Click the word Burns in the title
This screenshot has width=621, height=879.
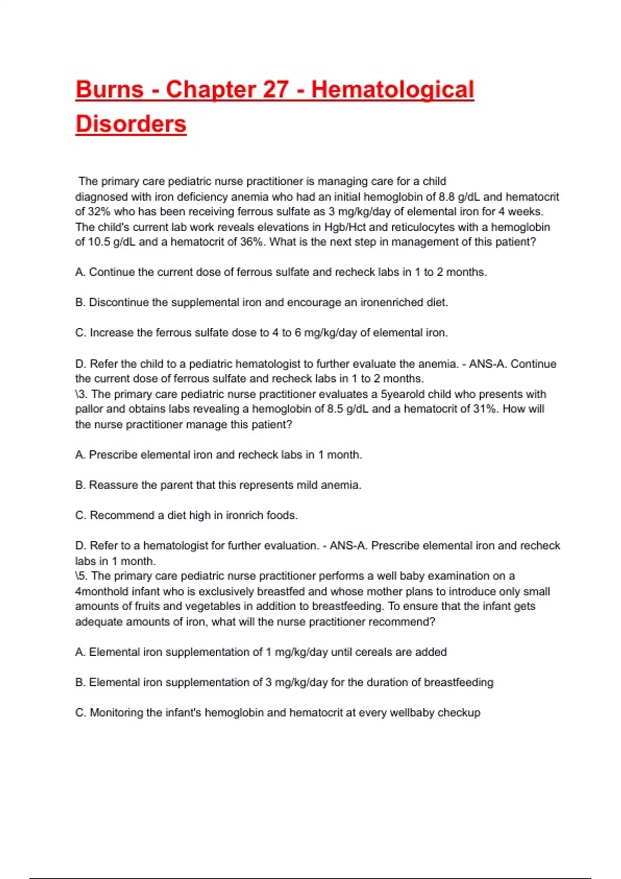click(109, 89)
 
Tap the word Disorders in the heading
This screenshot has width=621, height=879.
click(131, 124)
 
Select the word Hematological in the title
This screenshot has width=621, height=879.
click(392, 89)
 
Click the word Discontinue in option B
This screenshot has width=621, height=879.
click(119, 302)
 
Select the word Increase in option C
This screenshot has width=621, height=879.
click(111, 332)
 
